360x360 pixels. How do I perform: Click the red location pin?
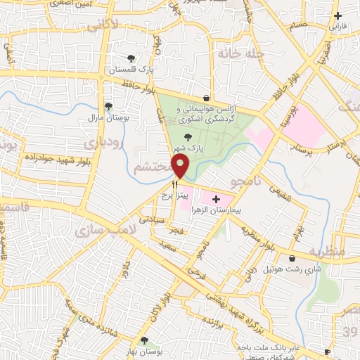point(181,167)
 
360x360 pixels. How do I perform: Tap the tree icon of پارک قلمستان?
point(130,59)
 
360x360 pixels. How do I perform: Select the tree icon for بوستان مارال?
point(108,107)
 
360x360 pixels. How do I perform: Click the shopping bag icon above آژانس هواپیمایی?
point(205,98)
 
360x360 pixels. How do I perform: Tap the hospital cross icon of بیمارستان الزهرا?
point(216,200)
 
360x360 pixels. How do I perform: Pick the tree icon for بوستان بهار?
point(145,340)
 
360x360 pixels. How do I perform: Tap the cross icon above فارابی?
point(338,15)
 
